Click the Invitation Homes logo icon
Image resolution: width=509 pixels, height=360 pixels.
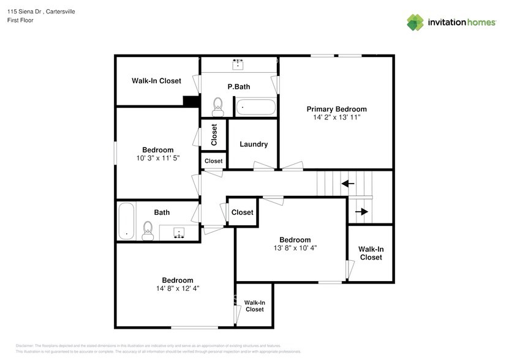pos(416,22)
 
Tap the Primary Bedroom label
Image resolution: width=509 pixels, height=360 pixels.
pos(336,109)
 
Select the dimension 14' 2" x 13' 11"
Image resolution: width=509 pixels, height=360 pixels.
pos(336,117)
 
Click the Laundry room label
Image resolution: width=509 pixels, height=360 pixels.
pos(253,144)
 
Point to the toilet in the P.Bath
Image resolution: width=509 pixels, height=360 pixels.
pos(217,107)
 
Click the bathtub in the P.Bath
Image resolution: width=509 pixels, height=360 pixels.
pos(256,107)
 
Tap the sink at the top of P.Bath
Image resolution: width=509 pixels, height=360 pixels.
pos(238,64)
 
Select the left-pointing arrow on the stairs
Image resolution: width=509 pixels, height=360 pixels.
pos(348,183)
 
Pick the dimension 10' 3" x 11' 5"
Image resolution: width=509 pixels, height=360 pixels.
pos(158,158)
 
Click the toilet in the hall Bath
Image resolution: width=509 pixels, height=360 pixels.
pos(147,230)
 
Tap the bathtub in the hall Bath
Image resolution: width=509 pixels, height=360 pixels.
pos(126,222)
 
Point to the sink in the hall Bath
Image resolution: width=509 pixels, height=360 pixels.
pos(179,233)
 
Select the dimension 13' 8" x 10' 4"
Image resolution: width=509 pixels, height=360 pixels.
pos(295,248)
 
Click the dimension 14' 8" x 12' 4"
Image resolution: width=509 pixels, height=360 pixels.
pos(178,288)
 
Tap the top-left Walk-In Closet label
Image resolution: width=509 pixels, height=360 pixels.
pos(156,81)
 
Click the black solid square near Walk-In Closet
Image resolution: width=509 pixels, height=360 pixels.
pos(192,102)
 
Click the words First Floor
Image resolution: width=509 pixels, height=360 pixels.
pos(21,20)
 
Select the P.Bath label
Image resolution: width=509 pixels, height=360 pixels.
pos(238,87)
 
